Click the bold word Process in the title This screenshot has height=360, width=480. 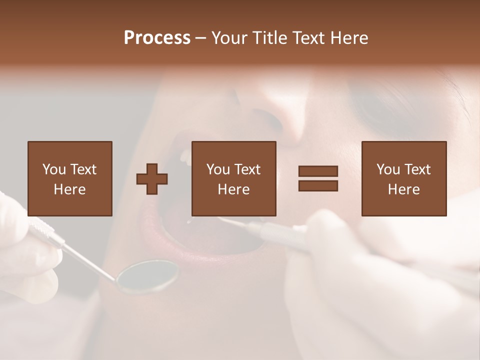(157, 38)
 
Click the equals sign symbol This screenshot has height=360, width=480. (318, 178)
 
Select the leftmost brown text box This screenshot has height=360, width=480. (69, 178)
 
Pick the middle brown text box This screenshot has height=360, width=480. (233, 178)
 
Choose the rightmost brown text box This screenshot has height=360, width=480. (403, 178)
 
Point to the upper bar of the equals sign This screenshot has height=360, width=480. (318, 171)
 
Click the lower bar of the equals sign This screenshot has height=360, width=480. (318, 186)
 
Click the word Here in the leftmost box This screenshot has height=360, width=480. (69, 189)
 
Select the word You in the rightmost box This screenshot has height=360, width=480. (388, 169)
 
